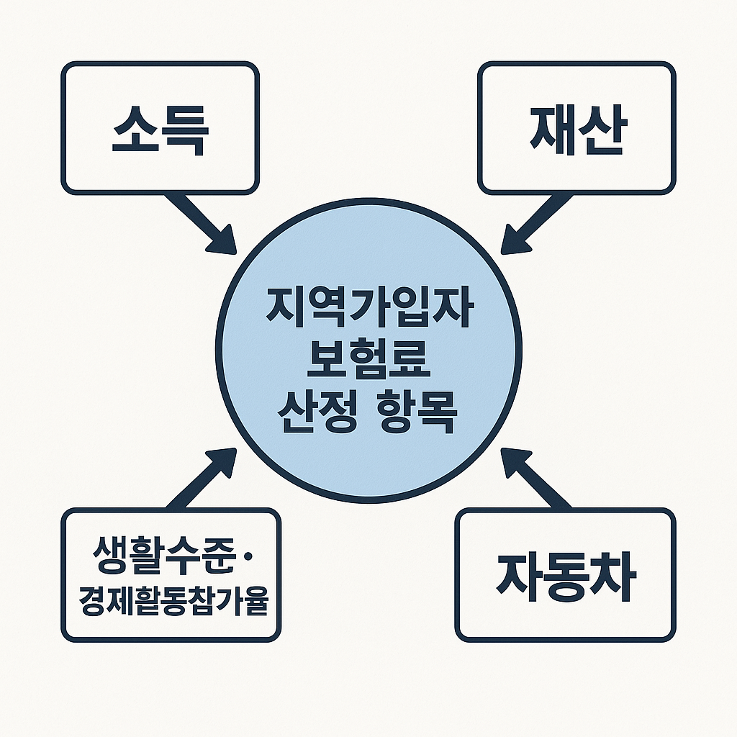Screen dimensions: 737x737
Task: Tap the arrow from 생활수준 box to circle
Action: [198, 479]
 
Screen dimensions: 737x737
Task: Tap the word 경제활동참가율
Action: [171, 602]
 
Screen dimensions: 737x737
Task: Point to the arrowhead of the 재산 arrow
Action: [512, 241]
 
